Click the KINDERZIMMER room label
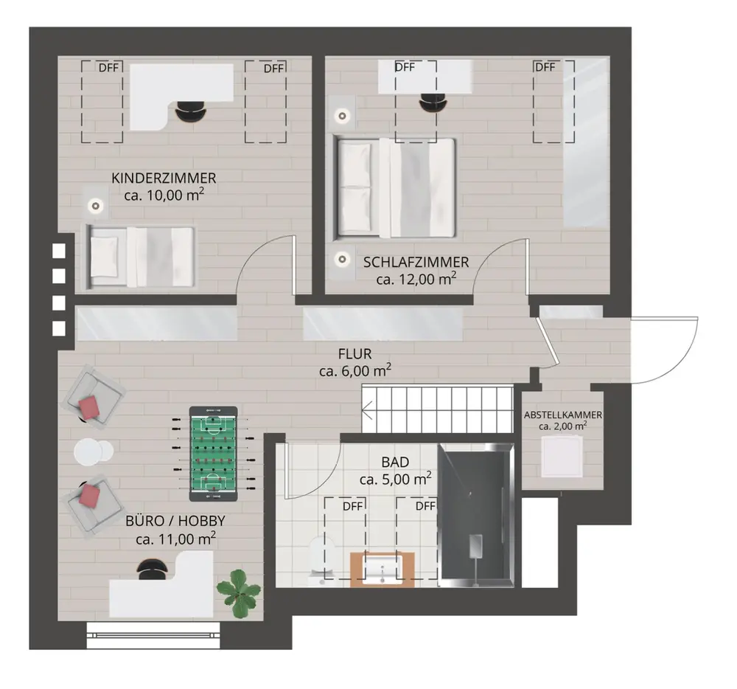click(164, 179)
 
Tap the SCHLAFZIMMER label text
click(416, 262)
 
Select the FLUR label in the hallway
click(355, 353)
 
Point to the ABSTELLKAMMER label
click(562, 415)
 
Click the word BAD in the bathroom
click(395, 462)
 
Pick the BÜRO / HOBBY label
click(175, 521)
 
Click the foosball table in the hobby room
click(214, 454)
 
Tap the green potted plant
click(238, 593)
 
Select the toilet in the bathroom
click(322, 560)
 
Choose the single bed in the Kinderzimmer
click(140, 257)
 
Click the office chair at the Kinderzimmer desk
click(190, 112)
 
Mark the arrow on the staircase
click(367, 409)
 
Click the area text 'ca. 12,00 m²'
click(416, 280)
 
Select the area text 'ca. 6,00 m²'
click(355, 371)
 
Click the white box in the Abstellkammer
click(562, 456)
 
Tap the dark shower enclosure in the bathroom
click(475, 515)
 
